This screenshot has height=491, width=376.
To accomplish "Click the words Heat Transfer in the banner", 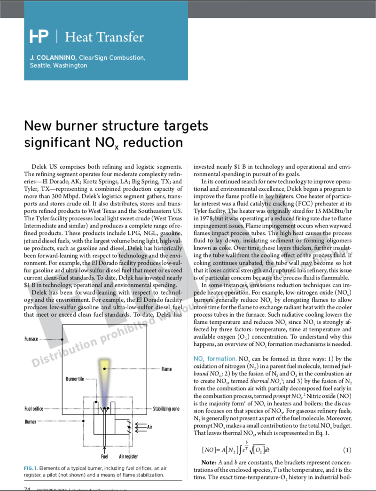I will [x=104, y=37].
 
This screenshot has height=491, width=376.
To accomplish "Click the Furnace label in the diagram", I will [x=31, y=339].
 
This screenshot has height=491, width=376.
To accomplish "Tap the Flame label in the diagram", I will [x=167, y=369].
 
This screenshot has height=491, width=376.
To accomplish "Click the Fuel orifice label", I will [x=34, y=409].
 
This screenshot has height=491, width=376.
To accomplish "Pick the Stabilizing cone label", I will [x=166, y=409].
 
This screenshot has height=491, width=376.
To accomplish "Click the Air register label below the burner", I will [x=128, y=456].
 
